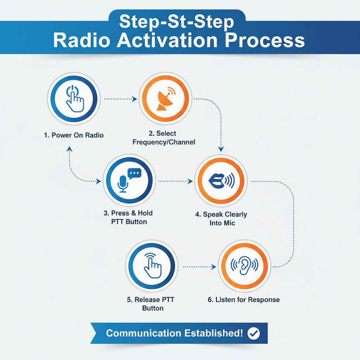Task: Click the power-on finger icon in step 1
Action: point(74,99)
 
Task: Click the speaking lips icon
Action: point(221,181)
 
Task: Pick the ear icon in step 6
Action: point(244,265)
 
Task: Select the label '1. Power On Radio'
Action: point(74,135)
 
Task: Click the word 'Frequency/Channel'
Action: point(164,142)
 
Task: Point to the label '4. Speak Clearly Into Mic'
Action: point(221,218)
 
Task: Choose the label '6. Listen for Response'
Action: point(244,300)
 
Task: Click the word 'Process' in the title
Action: point(265,40)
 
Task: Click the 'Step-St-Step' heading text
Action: point(176,22)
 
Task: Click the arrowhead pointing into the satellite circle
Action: point(135,99)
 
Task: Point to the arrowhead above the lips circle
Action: point(221,149)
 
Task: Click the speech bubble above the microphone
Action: point(134,173)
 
